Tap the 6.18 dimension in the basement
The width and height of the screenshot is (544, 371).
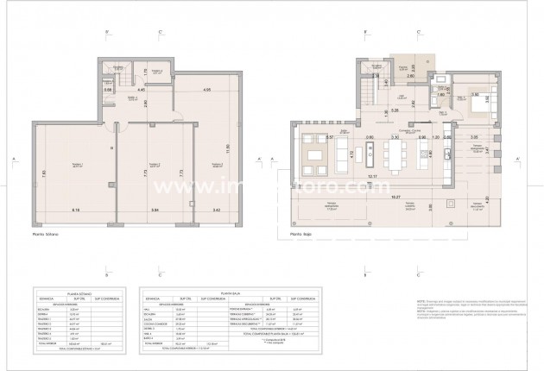point(76,210)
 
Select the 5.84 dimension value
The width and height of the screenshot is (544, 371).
point(155,210)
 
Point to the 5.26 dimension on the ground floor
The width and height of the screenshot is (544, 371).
point(394,110)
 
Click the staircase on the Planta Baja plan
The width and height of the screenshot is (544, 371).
point(368,90)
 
